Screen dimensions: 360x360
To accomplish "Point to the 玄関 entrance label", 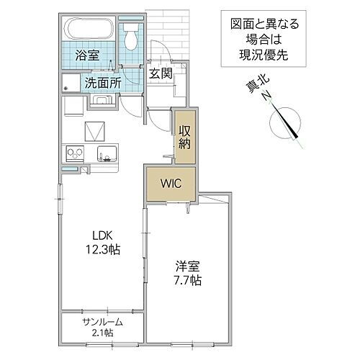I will [x=160, y=72].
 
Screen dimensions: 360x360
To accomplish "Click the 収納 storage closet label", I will [x=185, y=136].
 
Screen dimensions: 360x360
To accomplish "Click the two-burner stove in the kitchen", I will [x=75, y=153].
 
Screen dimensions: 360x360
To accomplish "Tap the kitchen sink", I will [x=105, y=153].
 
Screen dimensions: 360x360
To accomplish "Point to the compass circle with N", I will [x=287, y=122].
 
